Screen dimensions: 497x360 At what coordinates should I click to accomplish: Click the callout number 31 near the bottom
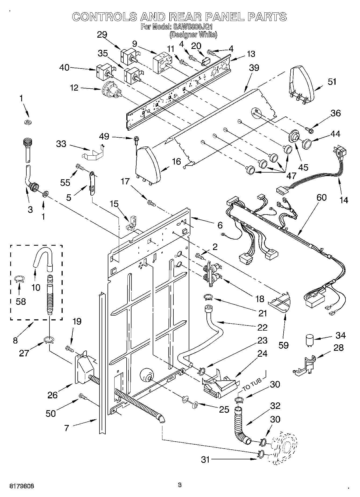[x=205, y=460]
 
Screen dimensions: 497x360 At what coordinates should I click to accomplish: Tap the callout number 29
[x=102, y=34]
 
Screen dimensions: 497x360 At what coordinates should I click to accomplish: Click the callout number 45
[x=303, y=167]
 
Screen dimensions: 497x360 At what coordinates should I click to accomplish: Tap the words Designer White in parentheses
[x=193, y=35]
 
